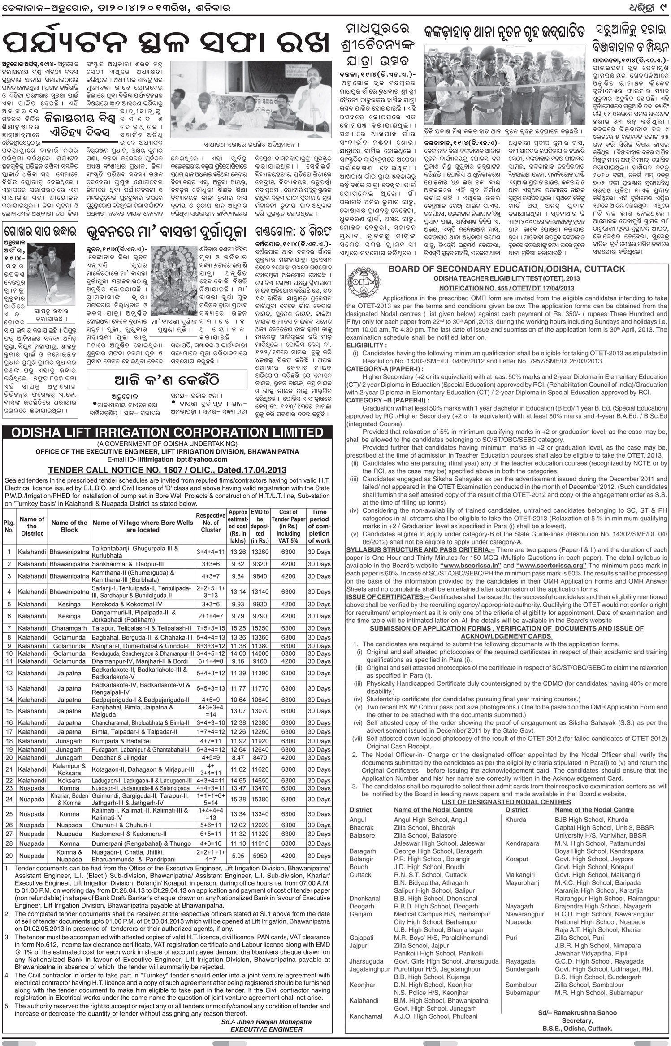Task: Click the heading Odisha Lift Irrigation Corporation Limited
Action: pos(167,432)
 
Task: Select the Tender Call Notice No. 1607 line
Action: pos(167,470)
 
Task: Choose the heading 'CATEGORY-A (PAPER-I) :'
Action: pos(381,368)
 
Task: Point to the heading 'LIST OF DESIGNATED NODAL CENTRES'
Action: pos(506,802)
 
